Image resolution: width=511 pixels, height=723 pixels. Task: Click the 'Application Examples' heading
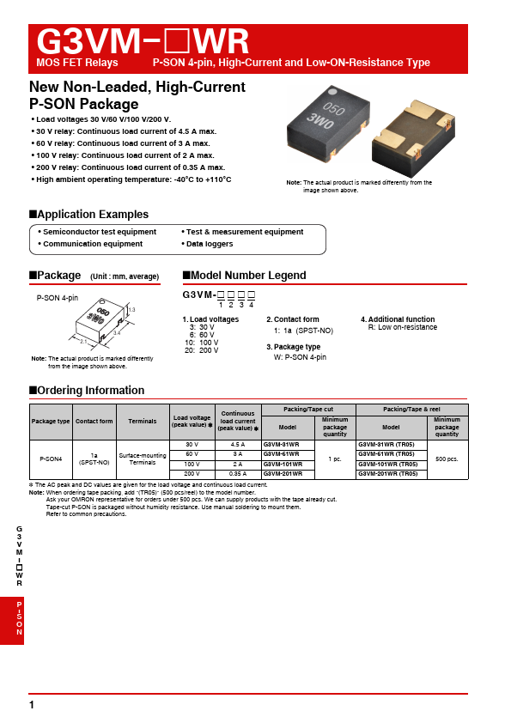(x=93, y=215)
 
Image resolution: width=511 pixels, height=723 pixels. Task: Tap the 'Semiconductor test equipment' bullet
(x=100, y=232)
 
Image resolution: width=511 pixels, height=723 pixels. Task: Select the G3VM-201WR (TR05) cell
(x=386, y=473)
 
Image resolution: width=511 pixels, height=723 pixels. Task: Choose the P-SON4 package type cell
(x=51, y=459)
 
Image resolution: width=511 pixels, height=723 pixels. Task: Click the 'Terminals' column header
(x=143, y=422)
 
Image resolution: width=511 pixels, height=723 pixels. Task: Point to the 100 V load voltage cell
(x=192, y=464)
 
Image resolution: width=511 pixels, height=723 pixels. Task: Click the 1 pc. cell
(x=335, y=459)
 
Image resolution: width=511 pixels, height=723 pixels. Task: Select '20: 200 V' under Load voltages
(x=203, y=350)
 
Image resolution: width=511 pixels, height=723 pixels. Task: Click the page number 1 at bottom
(x=32, y=705)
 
